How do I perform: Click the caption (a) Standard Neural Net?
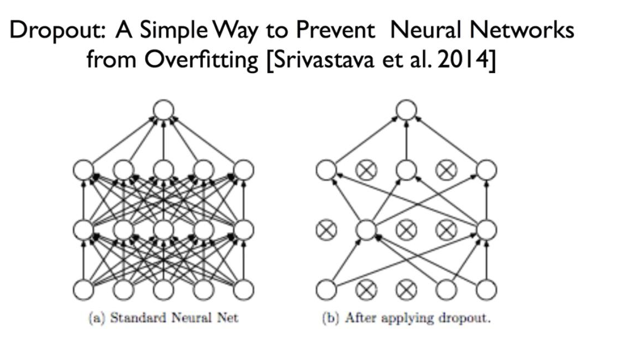tap(164, 318)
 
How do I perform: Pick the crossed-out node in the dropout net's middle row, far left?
tap(326, 229)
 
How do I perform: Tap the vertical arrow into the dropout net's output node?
tap(406, 140)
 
